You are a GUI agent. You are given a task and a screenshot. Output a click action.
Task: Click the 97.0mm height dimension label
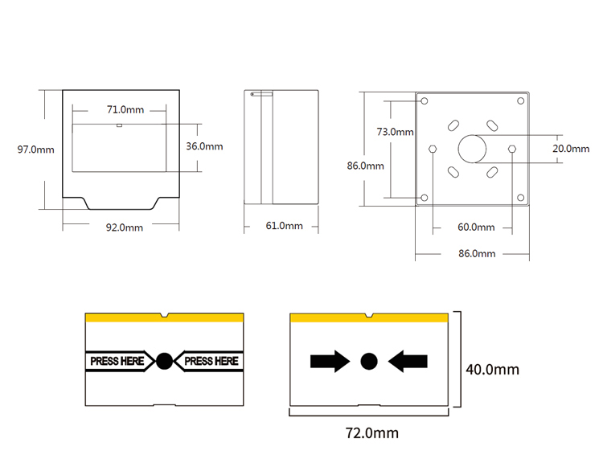click(35, 149)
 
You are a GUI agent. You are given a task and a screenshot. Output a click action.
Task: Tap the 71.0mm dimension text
click(125, 110)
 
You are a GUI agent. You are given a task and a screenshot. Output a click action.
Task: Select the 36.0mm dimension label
click(204, 146)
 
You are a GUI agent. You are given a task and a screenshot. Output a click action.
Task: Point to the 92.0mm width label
click(125, 227)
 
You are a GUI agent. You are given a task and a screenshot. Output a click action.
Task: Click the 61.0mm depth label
click(284, 226)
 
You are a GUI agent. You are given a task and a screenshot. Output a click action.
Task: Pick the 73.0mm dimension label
click(395, 132)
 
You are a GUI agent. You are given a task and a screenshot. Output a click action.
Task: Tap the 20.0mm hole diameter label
click(571, 149)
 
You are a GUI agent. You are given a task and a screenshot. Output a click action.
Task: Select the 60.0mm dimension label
click(476, 227)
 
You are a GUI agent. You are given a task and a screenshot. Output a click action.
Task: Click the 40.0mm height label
click(492, 370)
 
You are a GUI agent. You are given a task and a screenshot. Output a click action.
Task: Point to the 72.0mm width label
click(372, 433)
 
